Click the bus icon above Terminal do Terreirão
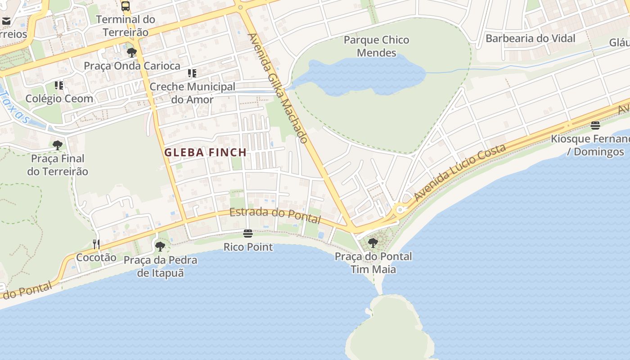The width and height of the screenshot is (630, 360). pyautogui.click(x=126, y=6)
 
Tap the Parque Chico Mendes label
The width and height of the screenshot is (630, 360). pyautogui.click(x=376, y=46)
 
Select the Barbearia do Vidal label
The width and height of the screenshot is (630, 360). pyautogui.click(x=530, y=39)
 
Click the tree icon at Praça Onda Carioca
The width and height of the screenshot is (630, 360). pyautogui.click(x=131, y=53)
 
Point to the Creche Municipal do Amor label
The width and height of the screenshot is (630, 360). pyautogui.click(x=192, y=93)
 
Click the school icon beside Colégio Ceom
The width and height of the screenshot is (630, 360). pyautogui.click(x=59, y=85)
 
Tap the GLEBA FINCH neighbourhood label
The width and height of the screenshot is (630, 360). pyautogui.click(x=205, y=153)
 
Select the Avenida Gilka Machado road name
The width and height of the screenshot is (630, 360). pyautogui.click(x=278, y=88)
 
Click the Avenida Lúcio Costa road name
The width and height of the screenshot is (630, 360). pyautogui.click(x=460, y=173)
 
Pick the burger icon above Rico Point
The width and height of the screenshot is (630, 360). pyautogui.click(x=247, y=234)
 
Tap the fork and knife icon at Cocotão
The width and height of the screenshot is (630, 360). pyautogui.click(x=96, y=244)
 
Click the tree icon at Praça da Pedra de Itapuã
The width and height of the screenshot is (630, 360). pyautogui.click(x=160, y=247)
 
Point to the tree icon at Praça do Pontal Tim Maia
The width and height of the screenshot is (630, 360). pyautogui.click(x=373, y=243)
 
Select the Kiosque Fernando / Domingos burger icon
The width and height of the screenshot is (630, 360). pyautogui.click(x=595, y=125)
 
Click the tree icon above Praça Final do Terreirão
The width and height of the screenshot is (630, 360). pyautogui.click(x=57, y=145)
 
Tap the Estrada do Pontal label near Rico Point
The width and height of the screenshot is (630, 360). pyautogui.click(x=275, y=216)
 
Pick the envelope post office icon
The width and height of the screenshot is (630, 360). pyautogui.click(x=6, y=21)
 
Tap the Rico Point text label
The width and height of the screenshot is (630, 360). pyautogui.click(x=248, y=247)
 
